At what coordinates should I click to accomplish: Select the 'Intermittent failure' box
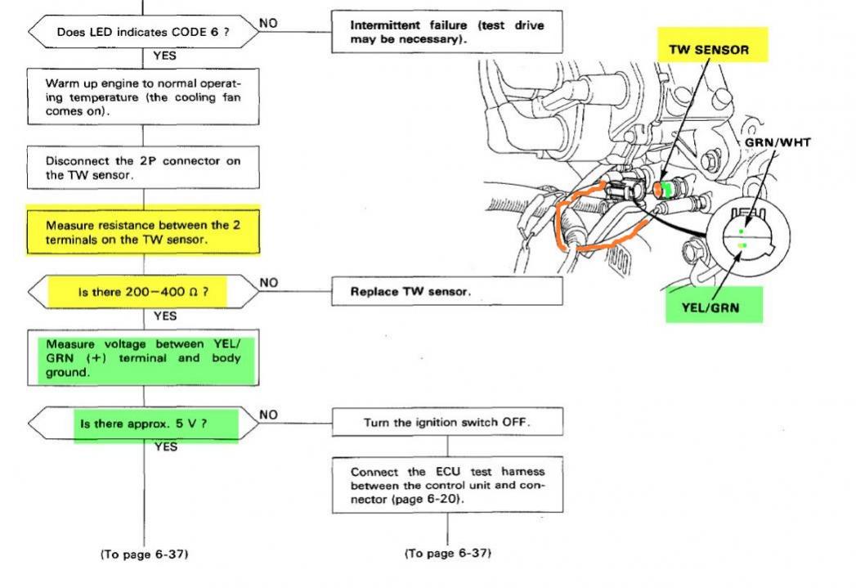446,33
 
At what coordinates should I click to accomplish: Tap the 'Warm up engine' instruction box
143,97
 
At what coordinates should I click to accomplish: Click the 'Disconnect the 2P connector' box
143,168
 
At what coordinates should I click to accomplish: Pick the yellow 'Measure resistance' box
143,231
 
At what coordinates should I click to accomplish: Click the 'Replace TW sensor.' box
446,291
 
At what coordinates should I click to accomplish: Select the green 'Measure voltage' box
143,357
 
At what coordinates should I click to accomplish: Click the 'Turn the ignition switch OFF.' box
446,424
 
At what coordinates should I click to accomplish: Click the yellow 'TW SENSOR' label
709,49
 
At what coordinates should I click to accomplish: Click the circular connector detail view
745,237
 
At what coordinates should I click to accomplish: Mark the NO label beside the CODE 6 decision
268,24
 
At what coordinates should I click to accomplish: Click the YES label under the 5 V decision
165,447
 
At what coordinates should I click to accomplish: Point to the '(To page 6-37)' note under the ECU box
448,554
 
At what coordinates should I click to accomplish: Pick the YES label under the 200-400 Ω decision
165,316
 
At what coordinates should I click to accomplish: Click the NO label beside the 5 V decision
268,415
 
